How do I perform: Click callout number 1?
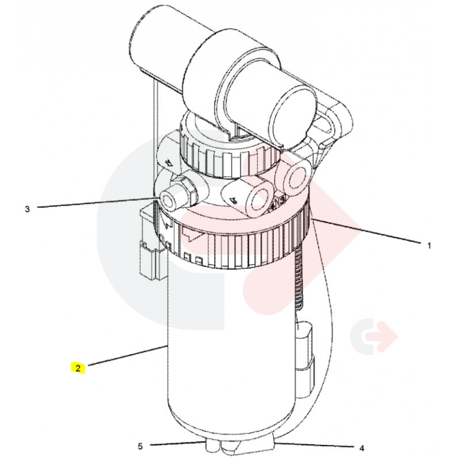pos(429,246)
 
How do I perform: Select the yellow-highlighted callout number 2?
pos(78,368)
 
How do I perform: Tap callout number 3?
pos(27,209)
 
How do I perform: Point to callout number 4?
pos(362,448)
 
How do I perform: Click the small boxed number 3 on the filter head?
pos(282,200)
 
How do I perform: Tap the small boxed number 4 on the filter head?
pos(273,205)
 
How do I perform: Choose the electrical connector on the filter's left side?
pos(152,243)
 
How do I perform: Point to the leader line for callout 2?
pos(126,355)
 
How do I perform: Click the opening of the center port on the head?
pos(258,202)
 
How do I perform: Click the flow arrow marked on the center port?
pos(233,200)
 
